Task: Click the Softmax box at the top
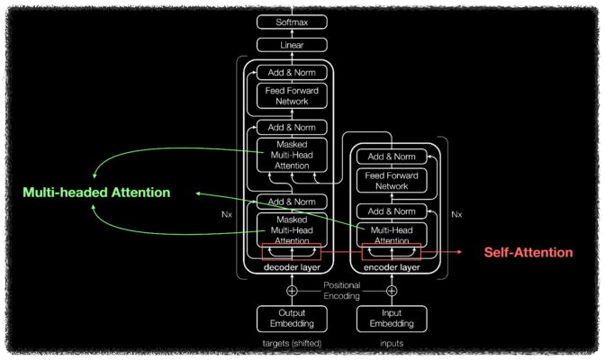click(291, 22)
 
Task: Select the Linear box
click(291, 44)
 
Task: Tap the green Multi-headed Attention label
click(96, 193)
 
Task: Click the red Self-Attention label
click(528, 252)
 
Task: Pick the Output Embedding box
click(291, 319)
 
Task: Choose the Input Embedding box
click(392, 319)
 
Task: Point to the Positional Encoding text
click(341, 290)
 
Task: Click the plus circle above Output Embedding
click(291, 291)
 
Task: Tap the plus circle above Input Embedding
click(392, 291)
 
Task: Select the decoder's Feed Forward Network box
click(291, 96)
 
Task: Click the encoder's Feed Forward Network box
click(392, 181)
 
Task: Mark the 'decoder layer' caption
click(291, 267)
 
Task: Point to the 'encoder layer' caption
click(392, 267)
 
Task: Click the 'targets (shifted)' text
click(291, 343)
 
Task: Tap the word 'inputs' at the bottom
click(392, 343)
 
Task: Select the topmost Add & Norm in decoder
click(291, 72)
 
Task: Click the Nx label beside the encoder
click(456, 214)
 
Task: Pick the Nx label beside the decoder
click(227, 215)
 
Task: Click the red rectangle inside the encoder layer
click(392, 252)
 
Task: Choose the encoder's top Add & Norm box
click(392, 157)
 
